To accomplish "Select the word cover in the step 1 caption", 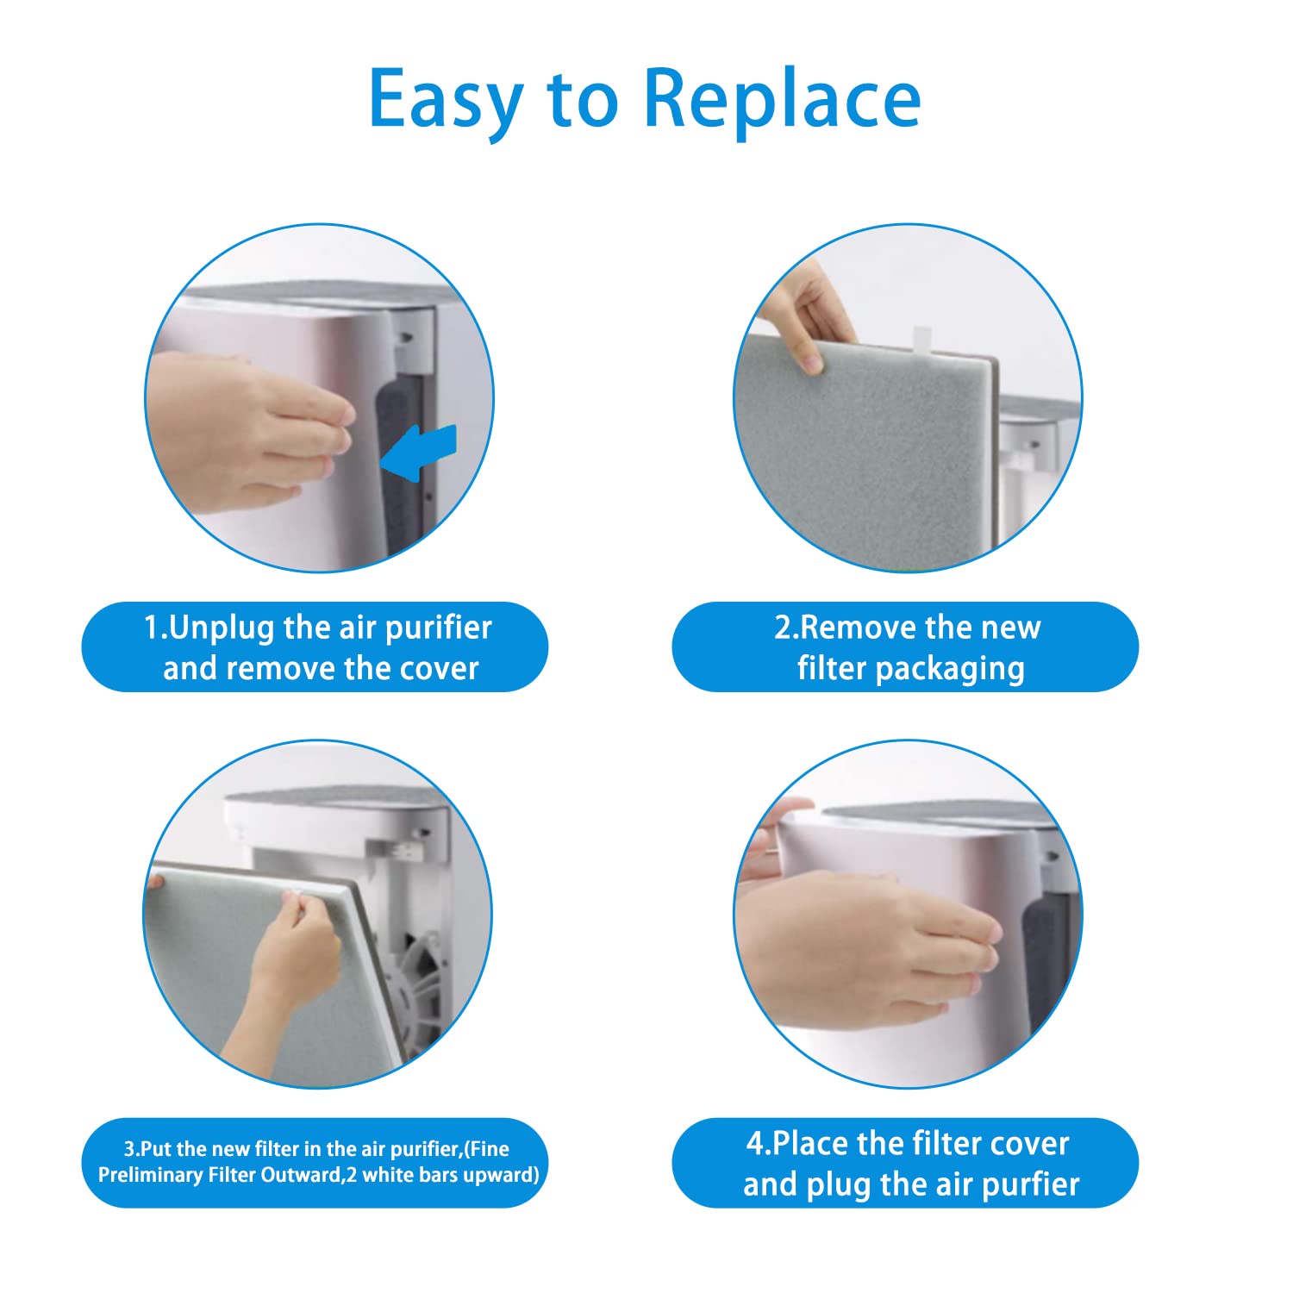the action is (435, 668).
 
